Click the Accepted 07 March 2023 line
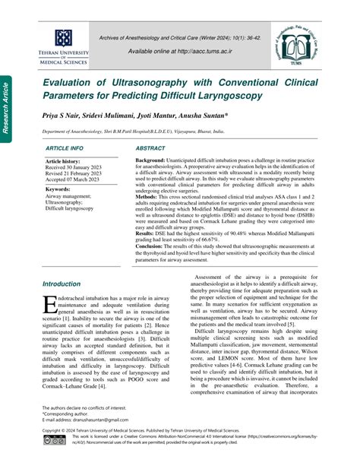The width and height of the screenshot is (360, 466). pos(77,181)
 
